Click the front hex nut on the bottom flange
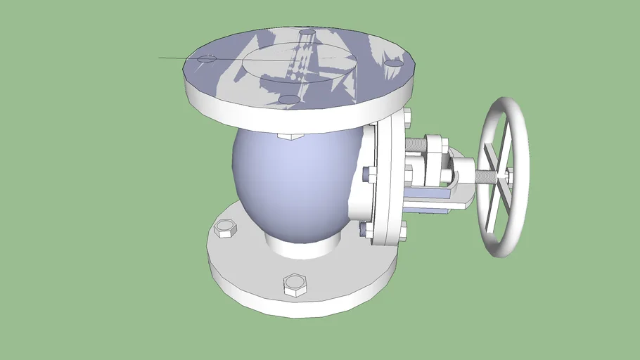point(295,285)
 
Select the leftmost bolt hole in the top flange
point(206,59)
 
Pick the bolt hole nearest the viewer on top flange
point(289,100)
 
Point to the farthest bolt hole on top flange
point(307,32)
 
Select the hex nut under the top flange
point(290,135)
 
